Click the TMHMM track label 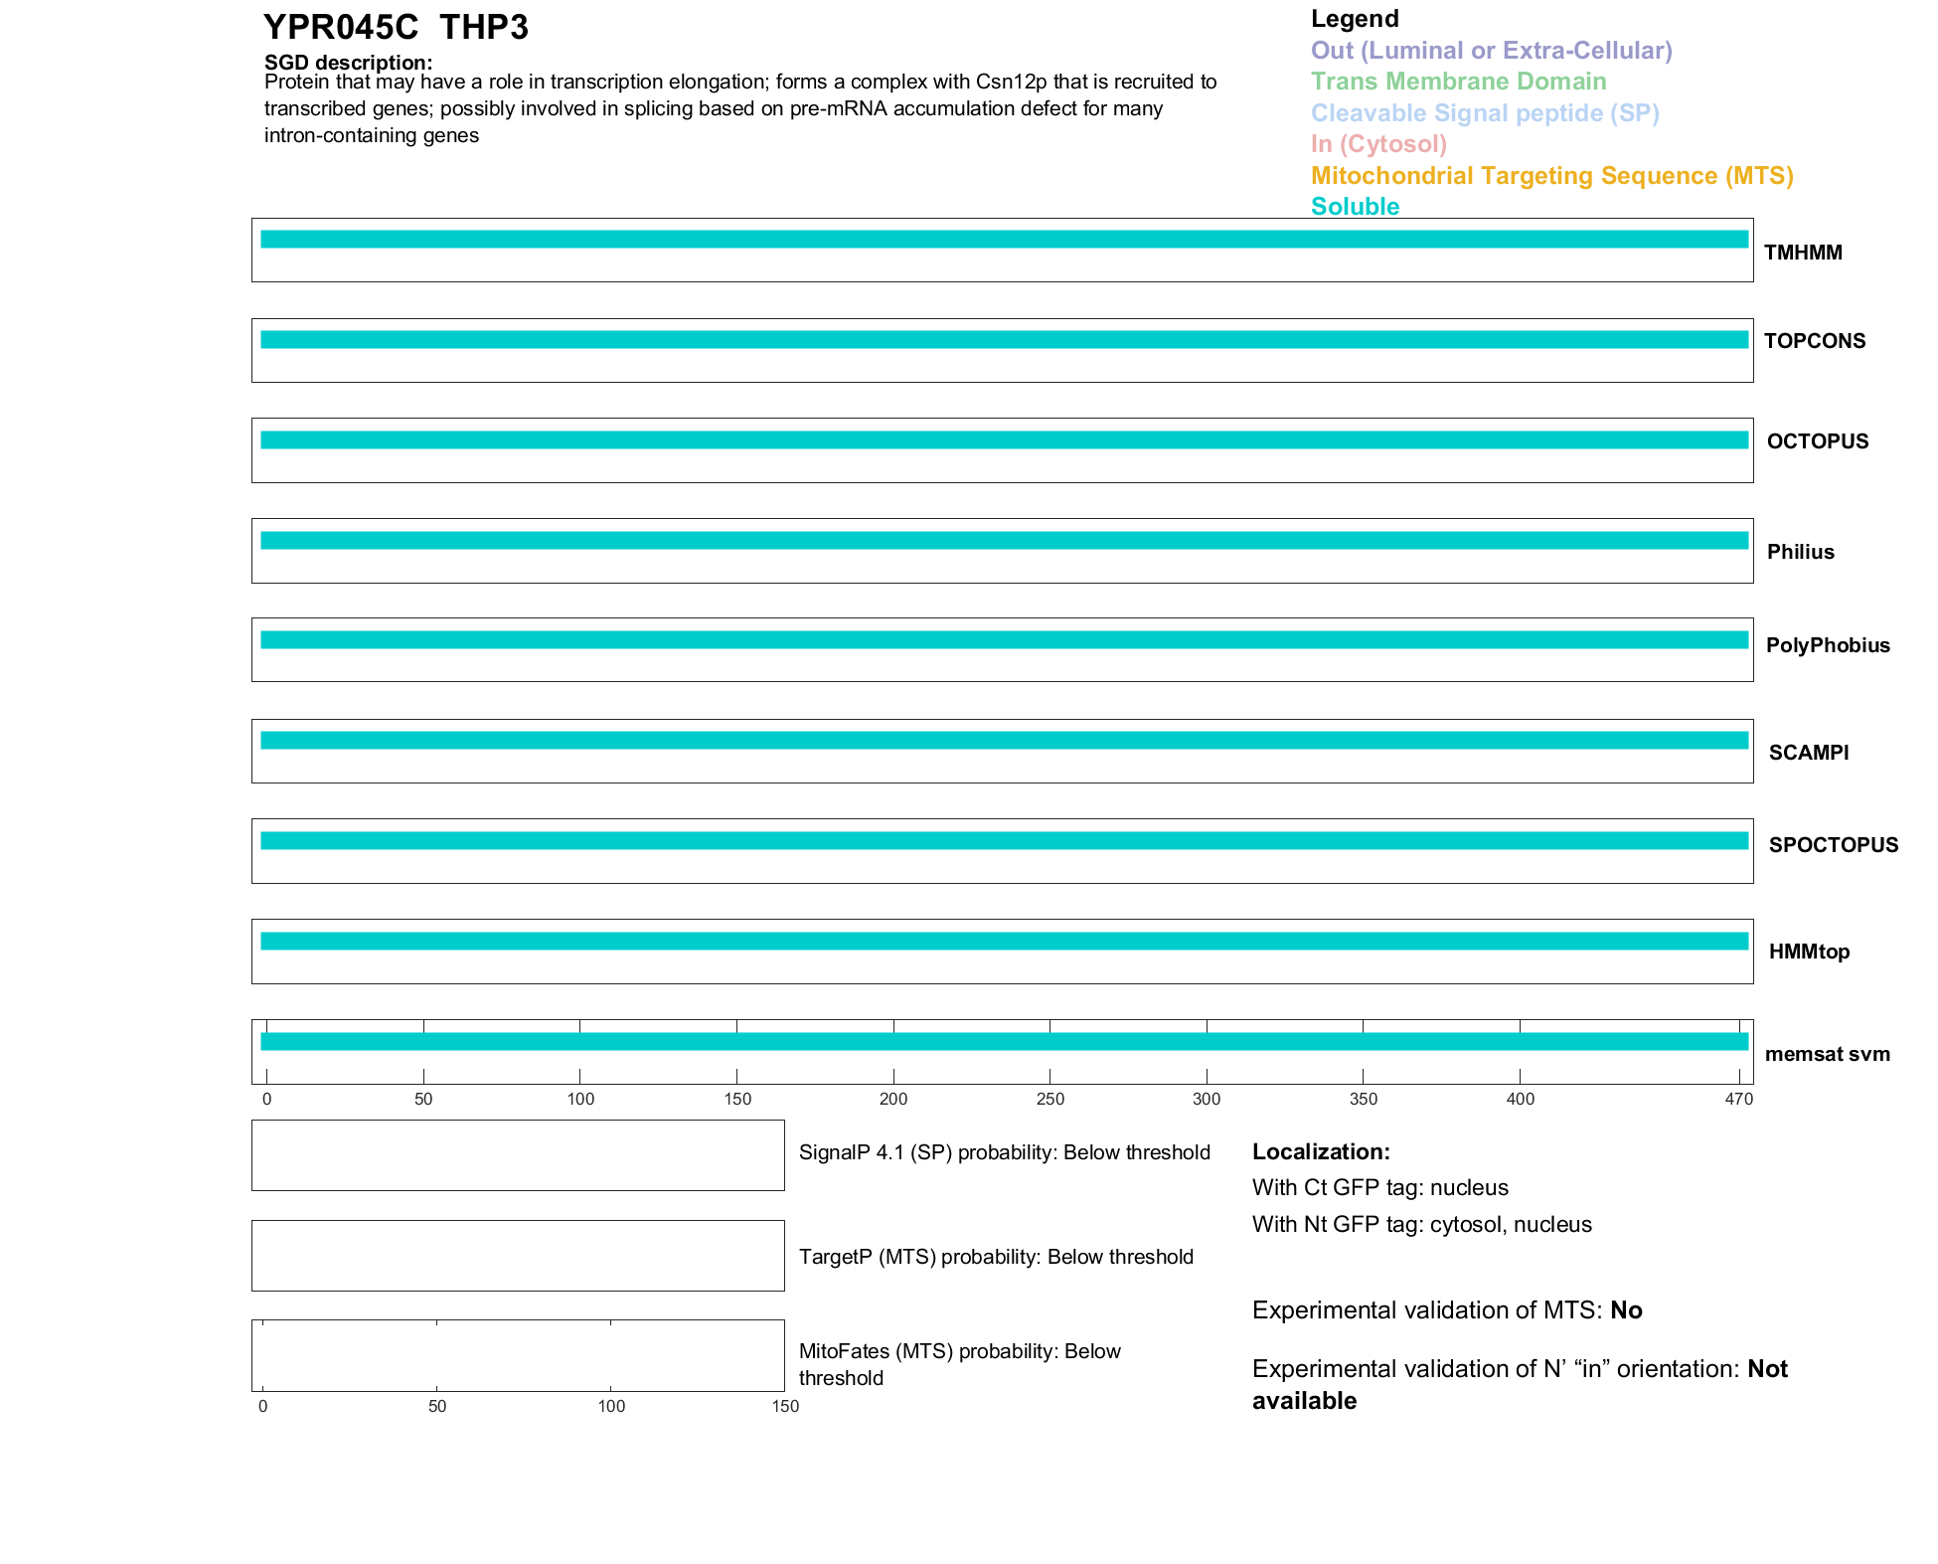[1803, 253]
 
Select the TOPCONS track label [1814, 341]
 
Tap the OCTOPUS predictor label [1817, 441]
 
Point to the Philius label [1800, 552]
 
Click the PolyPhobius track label [1827, 645]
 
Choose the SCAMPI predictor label [1808, 753]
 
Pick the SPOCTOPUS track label [1833, 845]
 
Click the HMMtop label [1809, 952]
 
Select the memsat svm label [1827, 1054]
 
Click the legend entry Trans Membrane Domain [1458, 82]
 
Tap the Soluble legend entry [1355, 207]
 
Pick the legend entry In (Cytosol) [1378, 144]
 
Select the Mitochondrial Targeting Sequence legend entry [1551, 176]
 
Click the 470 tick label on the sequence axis [1739, 1099]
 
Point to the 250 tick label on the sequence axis [1050, 1099]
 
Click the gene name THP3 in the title [484, 28]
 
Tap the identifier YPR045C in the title [341, 28]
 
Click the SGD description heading [348, 63]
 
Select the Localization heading [1320, 1152]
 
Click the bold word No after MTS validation [1626, 1310]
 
